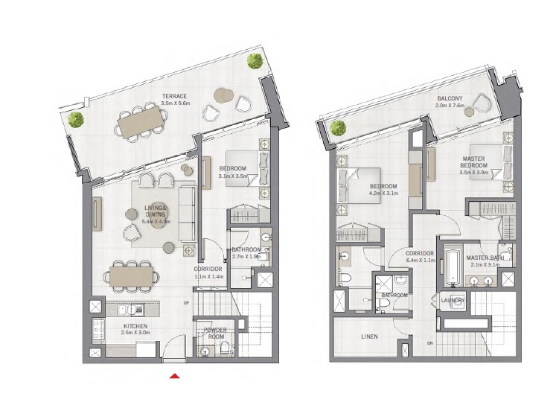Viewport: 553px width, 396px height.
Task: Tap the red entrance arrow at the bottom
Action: (x=174, y=377)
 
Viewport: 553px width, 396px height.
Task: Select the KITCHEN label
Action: (x=135, y=326)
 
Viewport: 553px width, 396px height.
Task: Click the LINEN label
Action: (x=368, y=336)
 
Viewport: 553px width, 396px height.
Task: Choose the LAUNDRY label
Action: (x=453, y=301)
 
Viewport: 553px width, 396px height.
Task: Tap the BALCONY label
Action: (x=450, y=98)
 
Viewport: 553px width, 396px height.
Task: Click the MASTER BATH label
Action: (x=482, y=258)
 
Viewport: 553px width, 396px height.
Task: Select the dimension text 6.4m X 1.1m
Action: (x=420, y=261)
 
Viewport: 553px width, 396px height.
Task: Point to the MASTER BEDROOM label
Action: (x=474, y=162)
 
